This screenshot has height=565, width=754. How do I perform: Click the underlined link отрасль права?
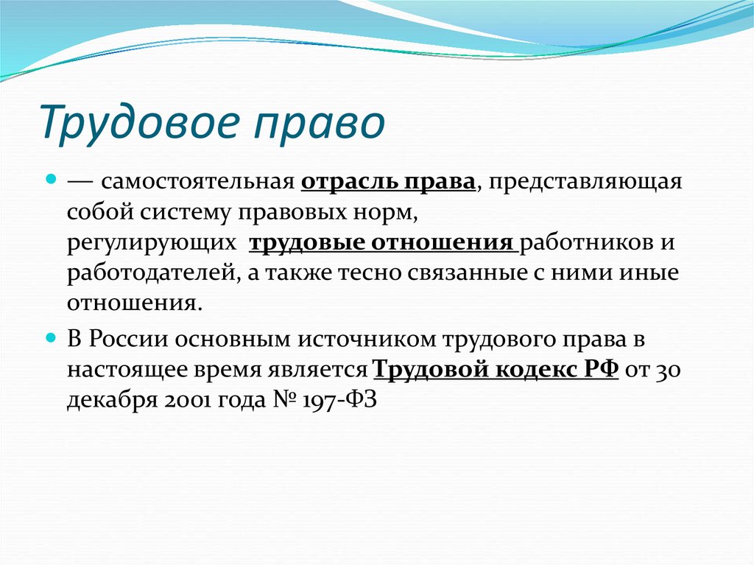coord(388,182)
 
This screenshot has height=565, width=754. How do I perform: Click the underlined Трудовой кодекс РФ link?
coord(496,368)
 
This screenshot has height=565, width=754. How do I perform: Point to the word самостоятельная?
coord(198,182)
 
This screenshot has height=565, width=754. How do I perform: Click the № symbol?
coord(283,399)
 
